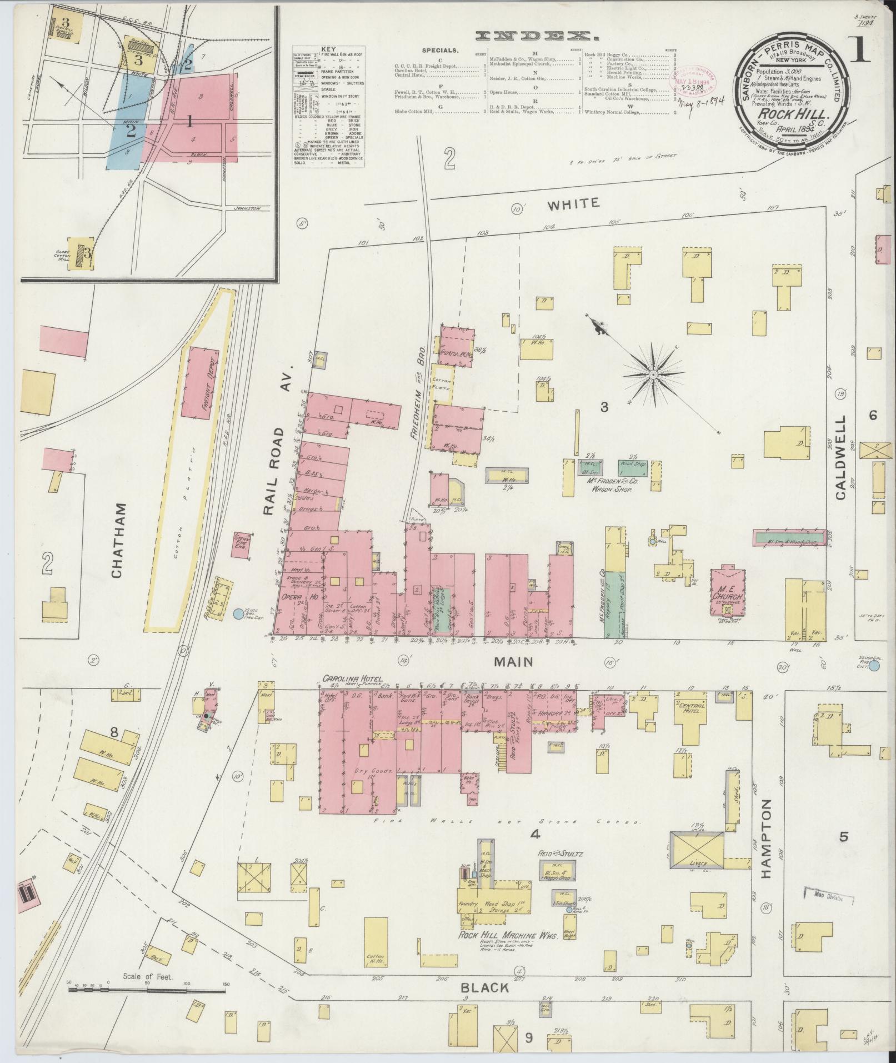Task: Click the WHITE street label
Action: point(573,203)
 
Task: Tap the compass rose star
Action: point(653,376)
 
